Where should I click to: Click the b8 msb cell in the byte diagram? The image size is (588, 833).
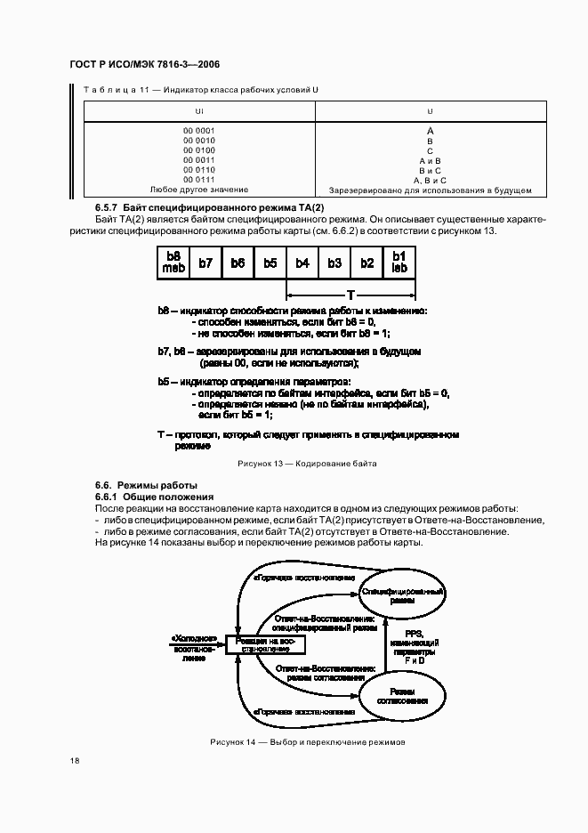click(173, 263)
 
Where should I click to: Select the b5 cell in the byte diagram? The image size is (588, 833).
click(270, 263)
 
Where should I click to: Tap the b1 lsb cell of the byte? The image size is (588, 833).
click(399, 263)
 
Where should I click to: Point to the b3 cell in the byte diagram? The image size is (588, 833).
click(334, 263)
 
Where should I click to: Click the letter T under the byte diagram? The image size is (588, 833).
click(350, 295)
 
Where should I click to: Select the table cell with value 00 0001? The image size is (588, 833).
click(199, 131)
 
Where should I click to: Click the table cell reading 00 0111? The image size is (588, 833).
click(199, 180)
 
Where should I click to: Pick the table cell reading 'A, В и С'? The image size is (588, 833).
click(431, 180)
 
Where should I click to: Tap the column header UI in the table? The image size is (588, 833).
click(199, 111)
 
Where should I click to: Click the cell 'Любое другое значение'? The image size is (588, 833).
click(199, 190)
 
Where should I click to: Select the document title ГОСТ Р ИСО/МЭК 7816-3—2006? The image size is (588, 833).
click(144, 65)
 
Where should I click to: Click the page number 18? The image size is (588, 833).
click(74, 760)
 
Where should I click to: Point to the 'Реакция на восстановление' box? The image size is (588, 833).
click(264, 644)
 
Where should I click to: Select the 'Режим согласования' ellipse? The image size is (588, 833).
click(402, 696)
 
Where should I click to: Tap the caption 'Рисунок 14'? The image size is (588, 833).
click(308, 741)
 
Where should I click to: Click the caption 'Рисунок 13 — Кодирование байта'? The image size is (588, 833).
click(307, 464)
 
